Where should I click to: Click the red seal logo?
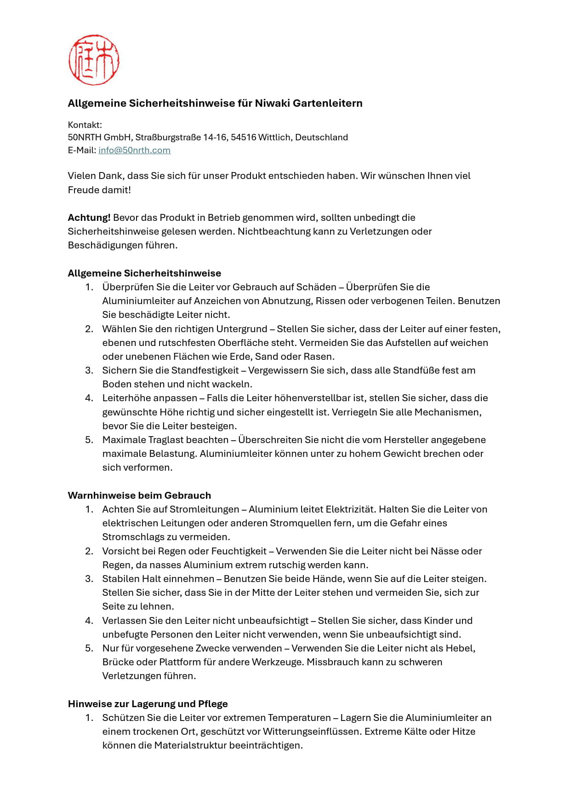tap(94, 60)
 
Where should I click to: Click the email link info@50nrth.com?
tap(134, 150)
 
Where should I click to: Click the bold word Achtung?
tap(89, 218)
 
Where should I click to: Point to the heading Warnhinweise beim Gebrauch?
tap(139, 496)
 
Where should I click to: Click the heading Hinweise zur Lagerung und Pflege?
tap(148, 704)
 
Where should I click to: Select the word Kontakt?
tap(85, 125)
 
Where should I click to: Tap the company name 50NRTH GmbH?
tap(99, 138)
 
